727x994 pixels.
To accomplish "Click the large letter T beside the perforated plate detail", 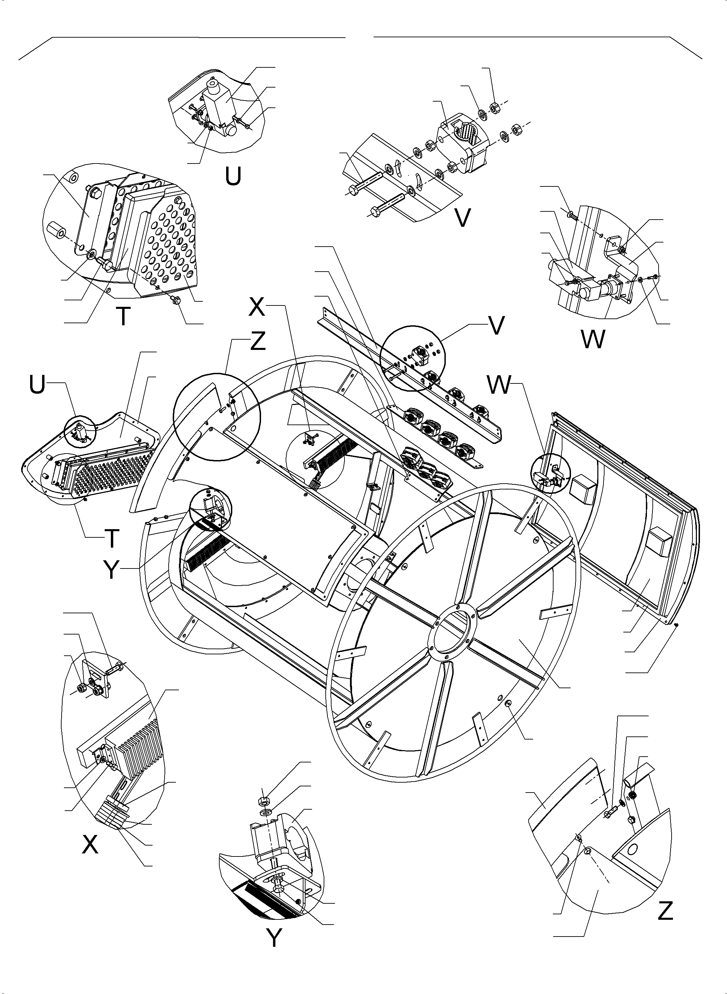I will [x=124, y=316].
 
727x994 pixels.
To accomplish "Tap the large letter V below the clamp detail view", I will [x=462, y=217].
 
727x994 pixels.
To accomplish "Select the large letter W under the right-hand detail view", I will [x=593, y=339].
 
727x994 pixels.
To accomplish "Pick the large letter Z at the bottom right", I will [x=665, y=911].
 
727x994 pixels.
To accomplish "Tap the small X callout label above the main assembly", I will [x=257, y=307].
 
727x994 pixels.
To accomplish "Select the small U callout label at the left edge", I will [x=37, y=385].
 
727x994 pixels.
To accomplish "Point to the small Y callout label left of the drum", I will [x=112, y=571].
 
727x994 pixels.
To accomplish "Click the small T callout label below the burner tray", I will [x=112, y=538].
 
